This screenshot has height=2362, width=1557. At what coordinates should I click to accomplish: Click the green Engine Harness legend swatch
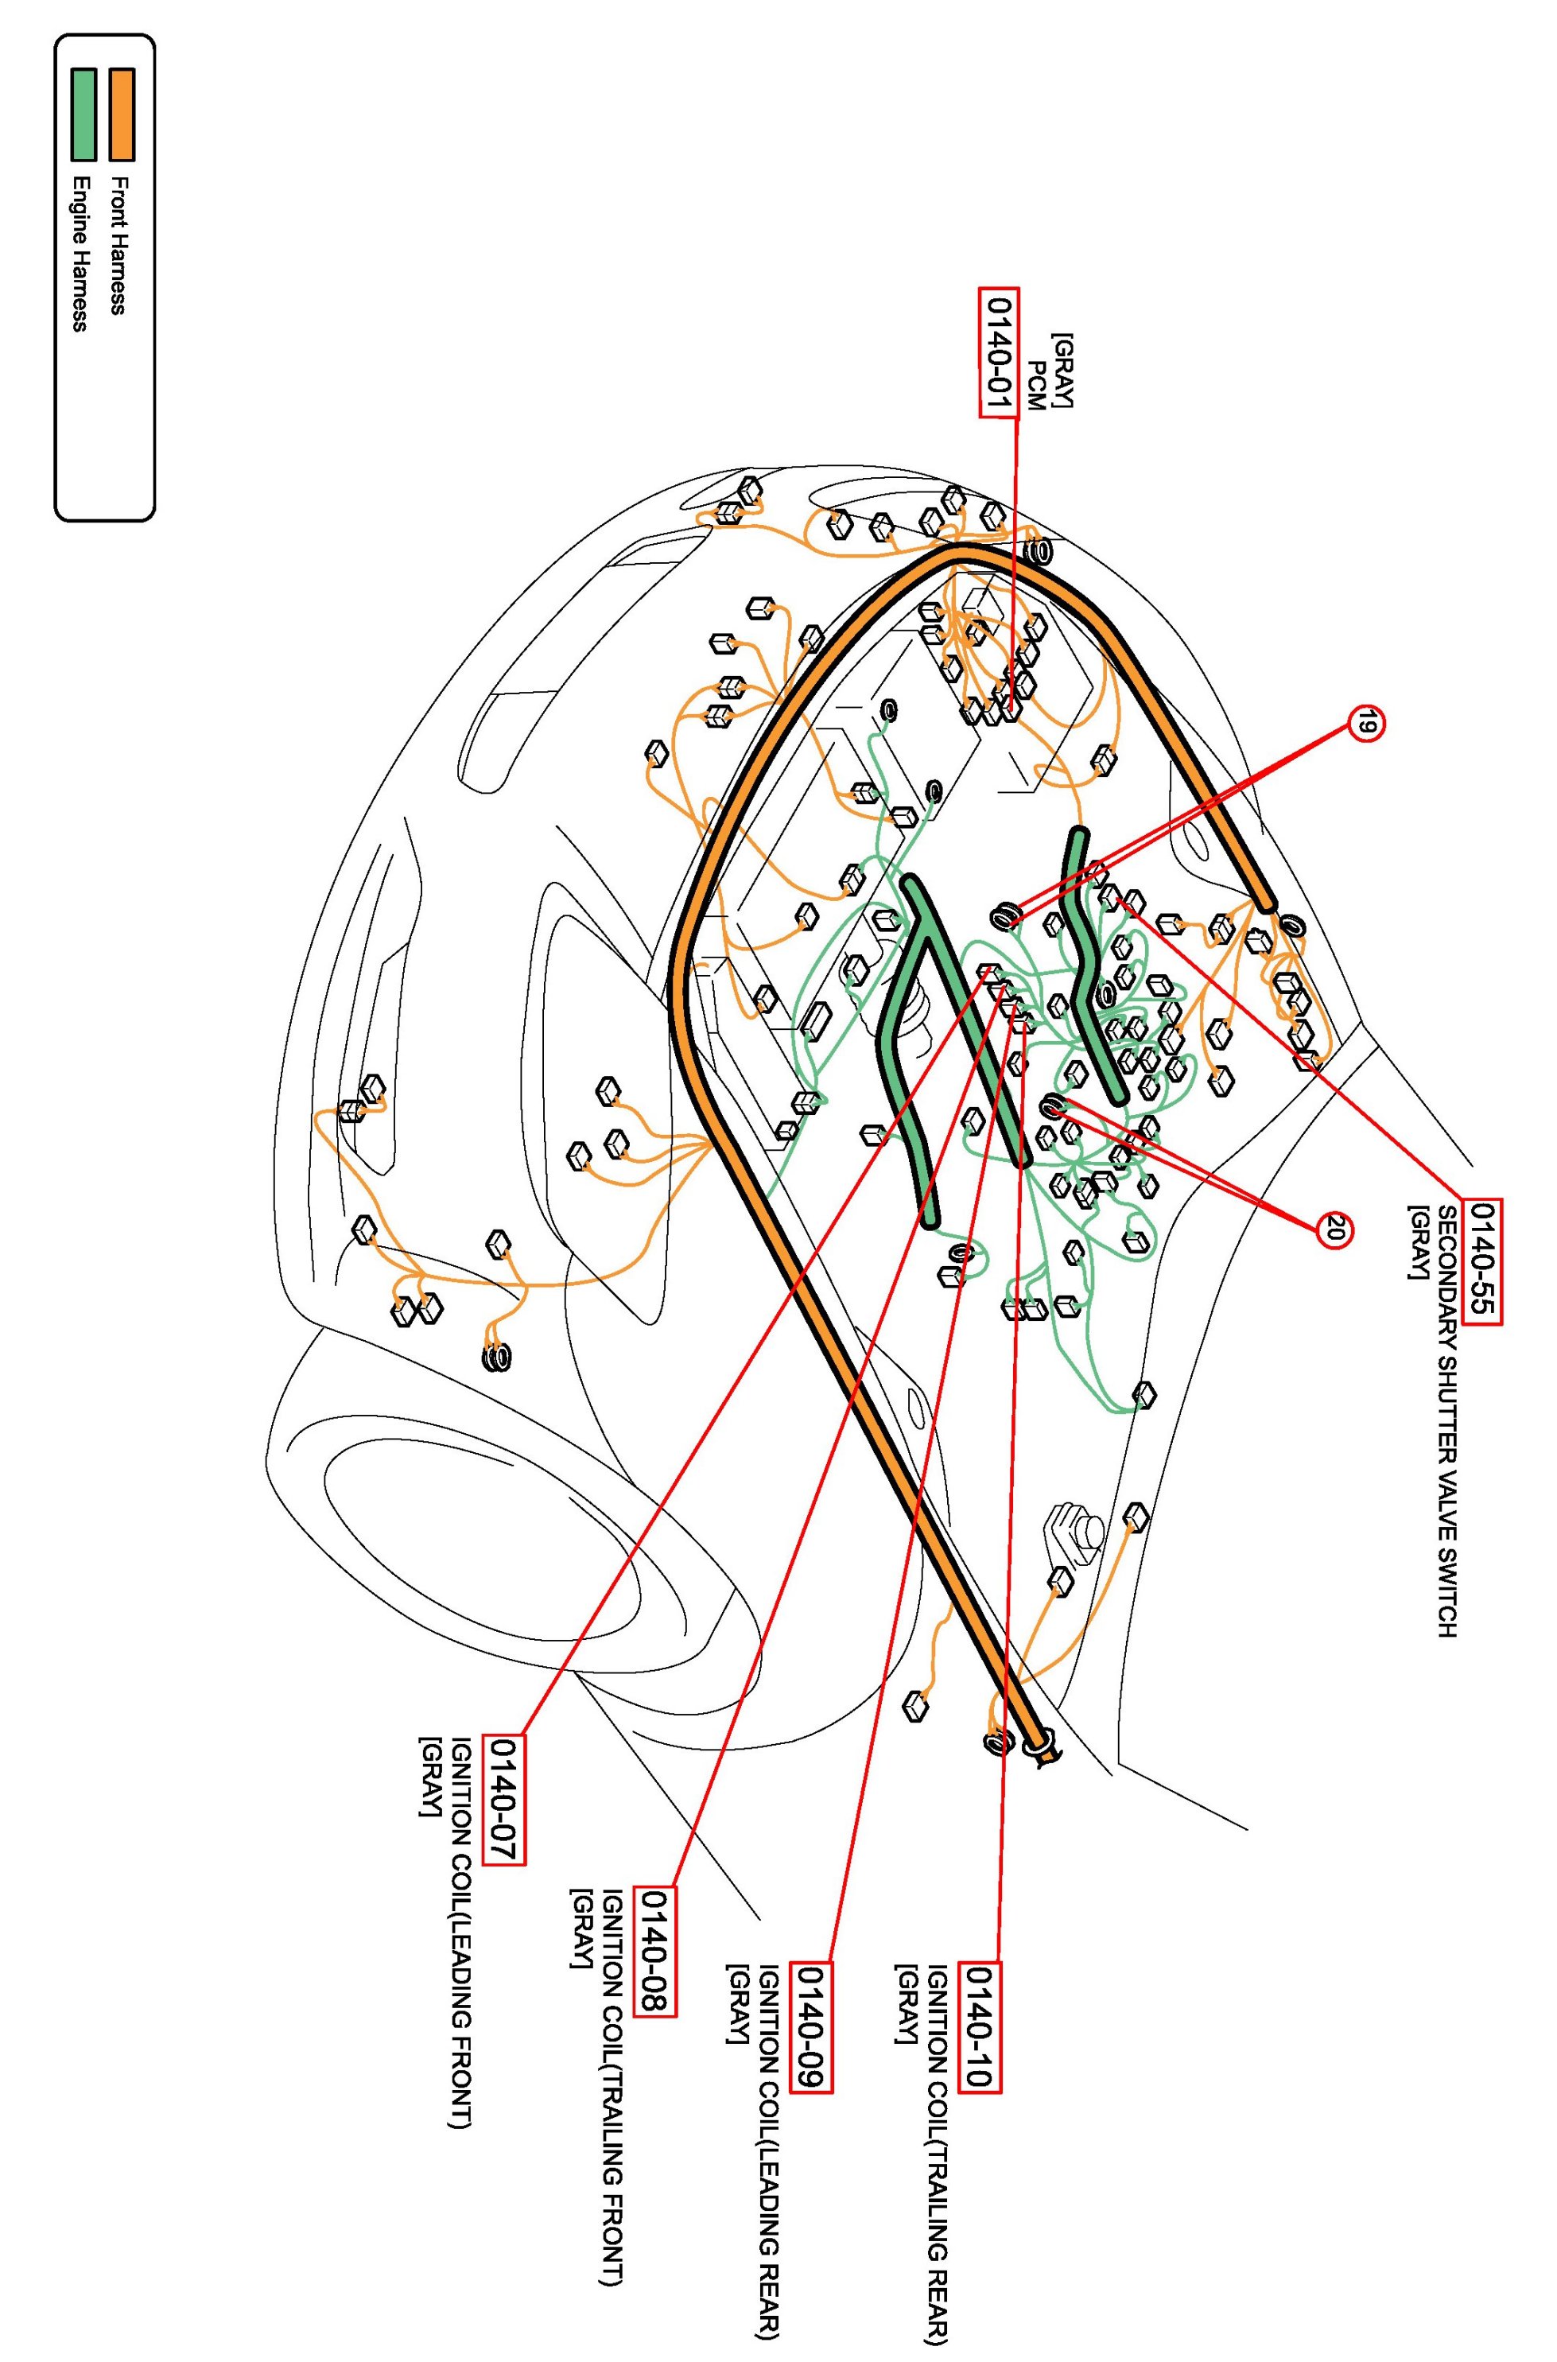click(x=83, y=115)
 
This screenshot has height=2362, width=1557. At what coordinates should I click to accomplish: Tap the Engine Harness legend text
click(x=80, y=253)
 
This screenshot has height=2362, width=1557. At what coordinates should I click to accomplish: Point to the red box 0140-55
click(x=1484, y=1261)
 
